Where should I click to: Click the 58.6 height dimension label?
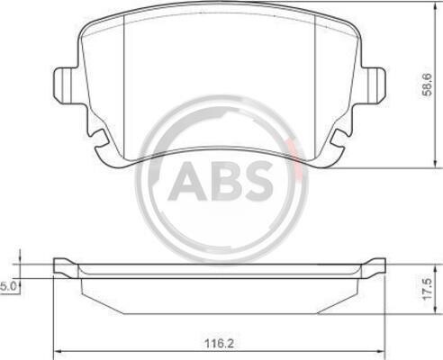427,85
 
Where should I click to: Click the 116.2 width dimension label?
219,344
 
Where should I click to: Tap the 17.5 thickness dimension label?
426,289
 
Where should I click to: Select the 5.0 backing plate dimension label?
7,286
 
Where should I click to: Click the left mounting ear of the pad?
66,85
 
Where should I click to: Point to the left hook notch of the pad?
99,138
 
